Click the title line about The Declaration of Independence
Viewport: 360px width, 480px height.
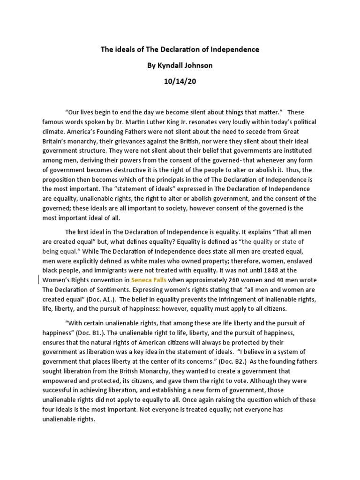pos(180,49)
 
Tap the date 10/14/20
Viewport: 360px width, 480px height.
pos(180,82)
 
